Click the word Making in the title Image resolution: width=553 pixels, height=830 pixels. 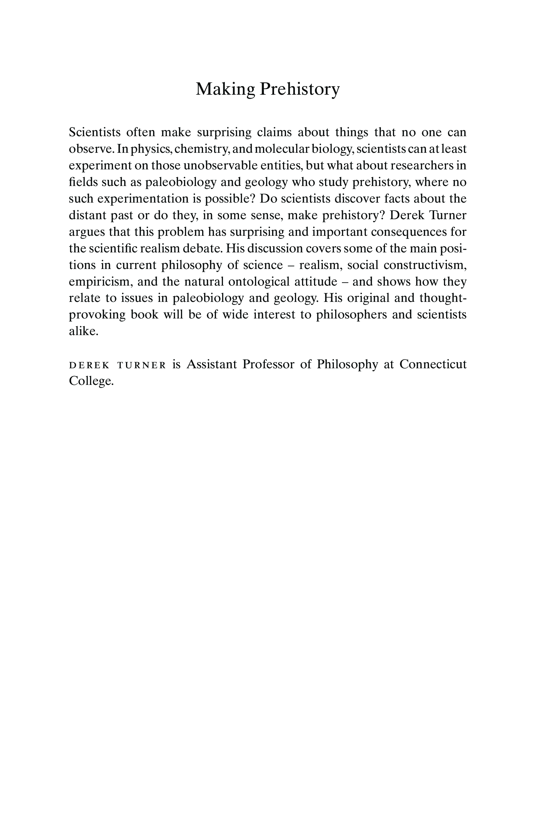pyautogui.click(x=225, y=89)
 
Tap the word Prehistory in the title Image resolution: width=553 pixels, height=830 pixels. pyautogui.click(x=300, y=89)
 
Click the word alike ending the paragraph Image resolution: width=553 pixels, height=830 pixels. pyautogui.click(x=83, y=331)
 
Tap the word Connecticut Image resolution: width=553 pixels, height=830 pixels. pyautogui.click(x=433, y=364)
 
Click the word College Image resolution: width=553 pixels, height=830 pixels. pyautogui.click(x=91, y=381)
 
